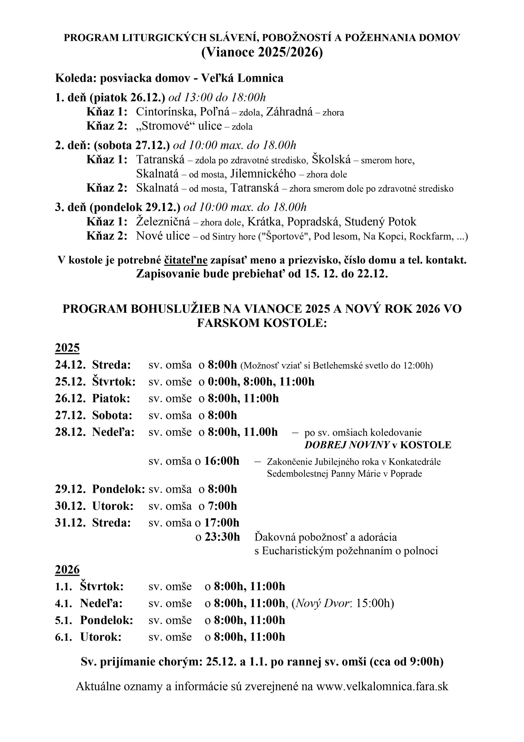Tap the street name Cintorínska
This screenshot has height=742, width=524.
[165, 112]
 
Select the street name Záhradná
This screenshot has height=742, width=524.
[289, 112]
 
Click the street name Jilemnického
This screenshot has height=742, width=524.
[263, 174]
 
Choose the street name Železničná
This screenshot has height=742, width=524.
[163, 222]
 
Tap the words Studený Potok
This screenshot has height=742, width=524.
[380, 222]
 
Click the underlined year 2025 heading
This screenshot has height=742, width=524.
[67, 348]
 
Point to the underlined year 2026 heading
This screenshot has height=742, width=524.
[67, 570]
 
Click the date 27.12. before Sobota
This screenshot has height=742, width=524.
[70, 415]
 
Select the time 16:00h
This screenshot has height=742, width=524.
[222, 461]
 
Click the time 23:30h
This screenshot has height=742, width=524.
[222, 537]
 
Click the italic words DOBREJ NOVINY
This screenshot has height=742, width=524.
[347, 445]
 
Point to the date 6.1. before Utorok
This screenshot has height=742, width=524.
[63, 637]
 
